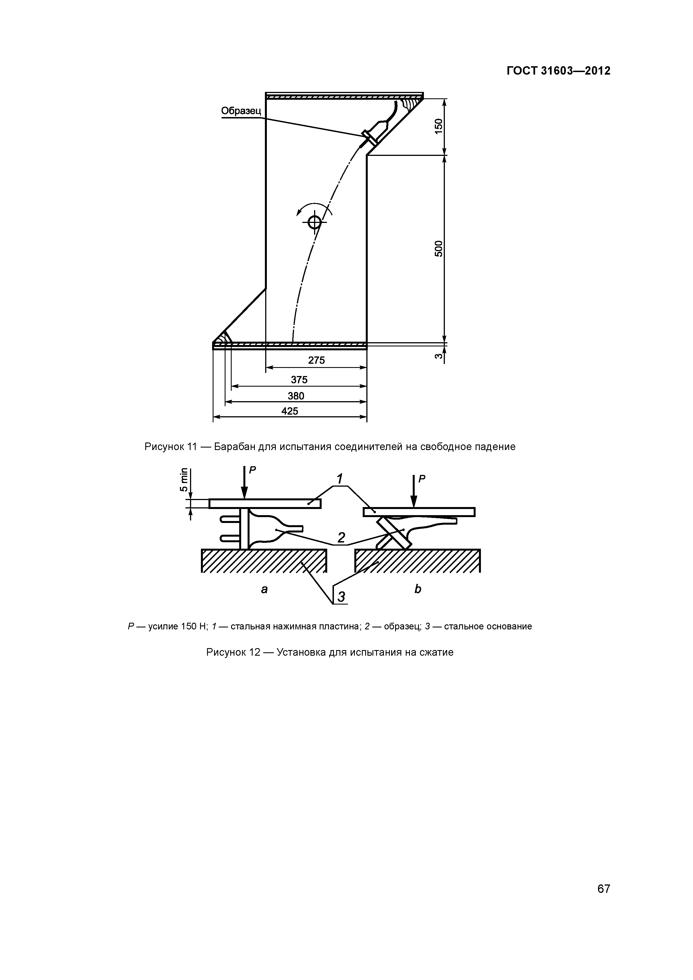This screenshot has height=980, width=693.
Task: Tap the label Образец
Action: [241, 111]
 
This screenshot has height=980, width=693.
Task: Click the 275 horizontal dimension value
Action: [316, 360]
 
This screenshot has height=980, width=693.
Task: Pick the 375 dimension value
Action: [299, 379]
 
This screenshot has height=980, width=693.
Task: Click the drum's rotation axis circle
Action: [315, 222]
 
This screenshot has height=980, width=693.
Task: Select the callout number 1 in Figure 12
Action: [340, 478]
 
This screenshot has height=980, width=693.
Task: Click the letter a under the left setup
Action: [264, 589]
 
